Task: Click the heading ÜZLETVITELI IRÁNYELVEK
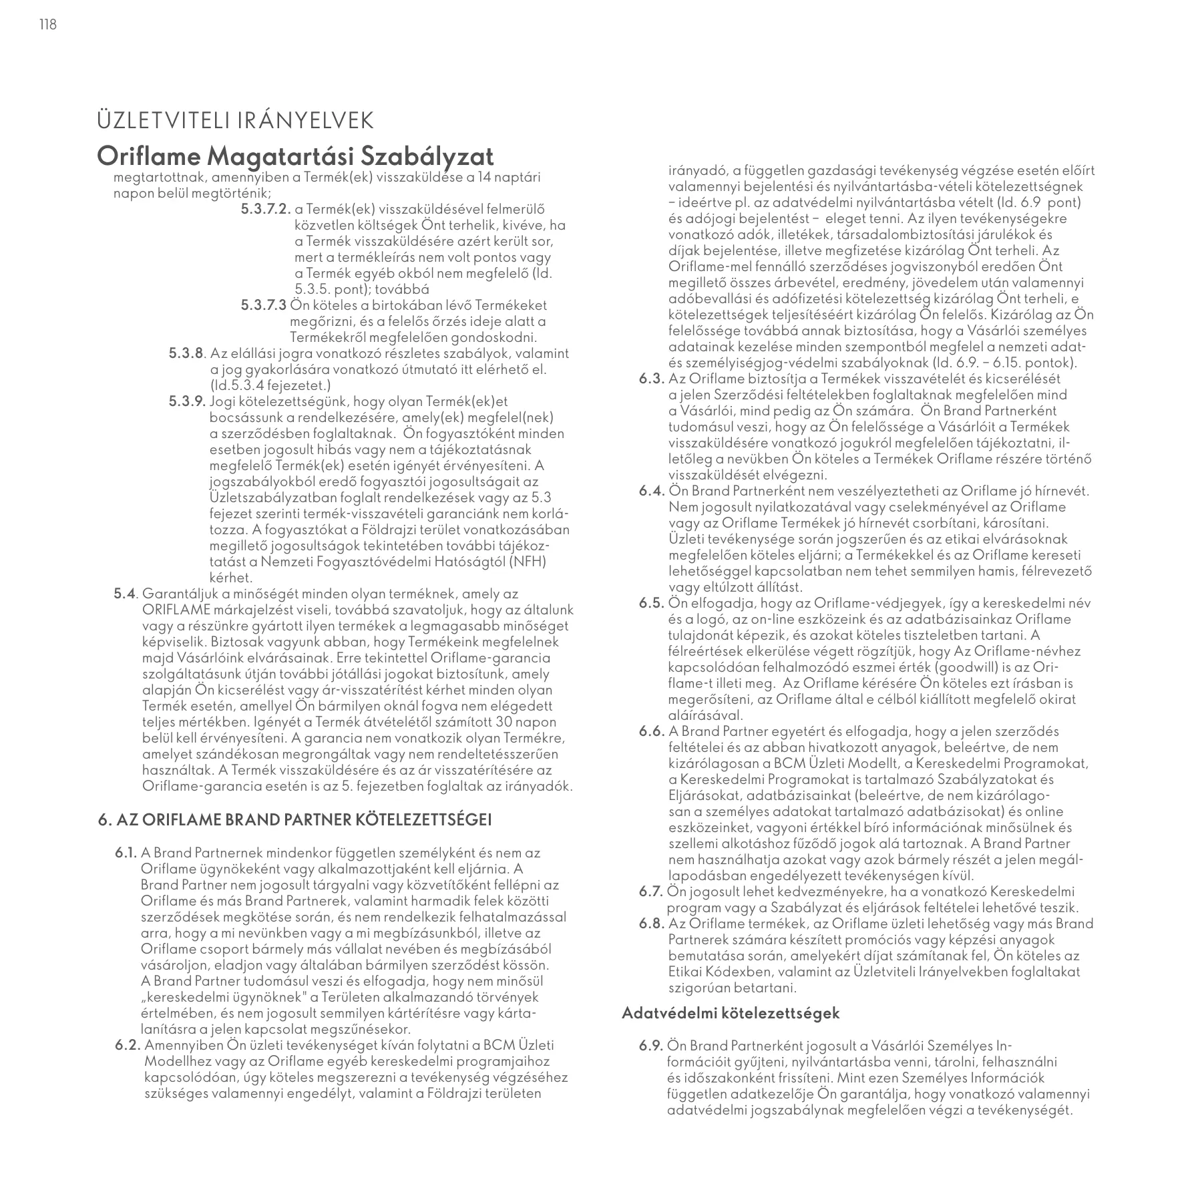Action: click(235, 122)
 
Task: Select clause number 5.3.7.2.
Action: click(265, 210)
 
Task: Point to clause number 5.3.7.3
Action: click(263, 306)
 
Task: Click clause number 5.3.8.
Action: click(188, 354)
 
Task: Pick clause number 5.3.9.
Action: click(188, 402)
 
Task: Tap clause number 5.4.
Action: click(126, 594)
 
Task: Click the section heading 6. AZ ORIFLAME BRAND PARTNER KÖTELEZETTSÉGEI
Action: click(294, 820)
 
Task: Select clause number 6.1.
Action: click(126, 853)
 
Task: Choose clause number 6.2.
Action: click(128, 1046)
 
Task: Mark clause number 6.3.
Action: click(650, 379)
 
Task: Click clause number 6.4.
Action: click(650, 491)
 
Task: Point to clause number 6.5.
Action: click(650, 604)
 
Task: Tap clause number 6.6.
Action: click(650, 732)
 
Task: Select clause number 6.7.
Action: click(650, 892)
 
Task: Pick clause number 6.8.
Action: click(650, 924)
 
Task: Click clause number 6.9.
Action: click(650, 1046)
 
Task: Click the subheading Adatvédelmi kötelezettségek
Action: click(731, 1013)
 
